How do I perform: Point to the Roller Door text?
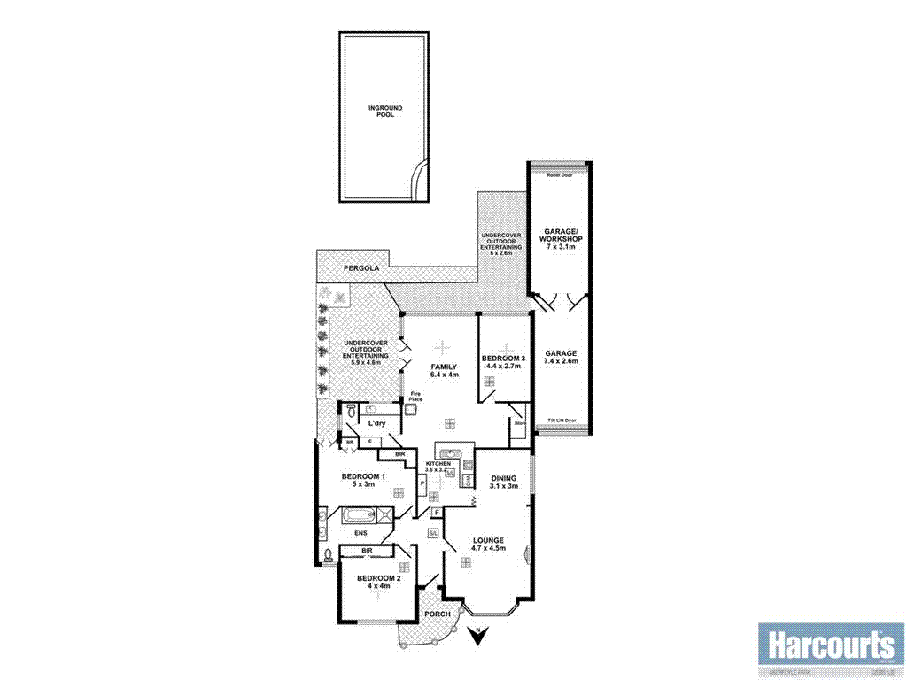[x=560, y=175]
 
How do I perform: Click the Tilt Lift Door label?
[x=562, y=420]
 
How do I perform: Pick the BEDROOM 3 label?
[x=503, y=361]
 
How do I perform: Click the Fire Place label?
[x=415, y=398]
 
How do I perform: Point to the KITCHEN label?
[x=440, y=467]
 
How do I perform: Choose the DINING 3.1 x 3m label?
[x=503, y=482]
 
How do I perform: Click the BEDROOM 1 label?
[x=363, y=481]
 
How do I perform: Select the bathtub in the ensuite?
[x=359, y=514]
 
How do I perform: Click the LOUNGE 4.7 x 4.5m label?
[x=488, y=544]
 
